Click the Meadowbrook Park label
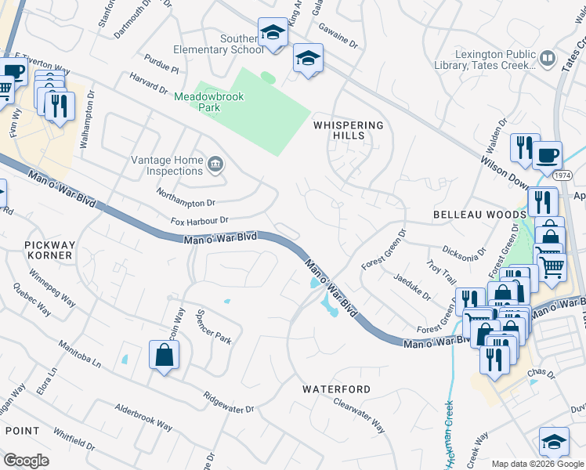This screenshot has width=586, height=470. tap(208, 102)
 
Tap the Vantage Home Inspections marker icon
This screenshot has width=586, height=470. tap(216, 165)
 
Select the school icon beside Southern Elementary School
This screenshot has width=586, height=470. tap(273, 34)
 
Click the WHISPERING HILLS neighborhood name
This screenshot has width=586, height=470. tap(349, 130)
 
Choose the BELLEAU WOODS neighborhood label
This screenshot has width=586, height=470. tap(479, 214)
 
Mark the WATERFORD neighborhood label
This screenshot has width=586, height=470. tap(337, 389)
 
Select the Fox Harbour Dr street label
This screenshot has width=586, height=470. tap(200, 221)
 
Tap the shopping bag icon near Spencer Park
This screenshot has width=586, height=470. tap(164, 355)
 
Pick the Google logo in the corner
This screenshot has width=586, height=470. tap(26, 461)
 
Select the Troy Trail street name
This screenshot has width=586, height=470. tap(441, 273)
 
